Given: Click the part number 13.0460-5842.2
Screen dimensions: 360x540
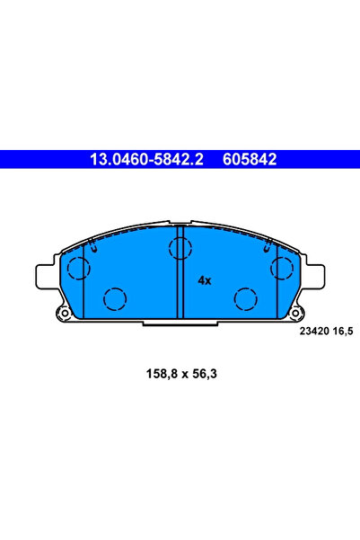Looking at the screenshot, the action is click(x=146, y=159).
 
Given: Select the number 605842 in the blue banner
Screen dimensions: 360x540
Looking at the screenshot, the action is click(x=250, y=159).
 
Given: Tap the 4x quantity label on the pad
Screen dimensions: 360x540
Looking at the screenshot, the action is click(x=205, y=280).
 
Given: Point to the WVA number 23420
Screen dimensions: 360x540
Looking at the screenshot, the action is click(x=314, y=332).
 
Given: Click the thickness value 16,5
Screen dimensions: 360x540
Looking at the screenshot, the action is click(x=343, y=332).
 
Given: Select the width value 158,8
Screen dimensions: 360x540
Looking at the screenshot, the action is click(x=162, y=374).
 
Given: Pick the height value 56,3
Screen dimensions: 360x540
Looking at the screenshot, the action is click(x=205, y=374).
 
